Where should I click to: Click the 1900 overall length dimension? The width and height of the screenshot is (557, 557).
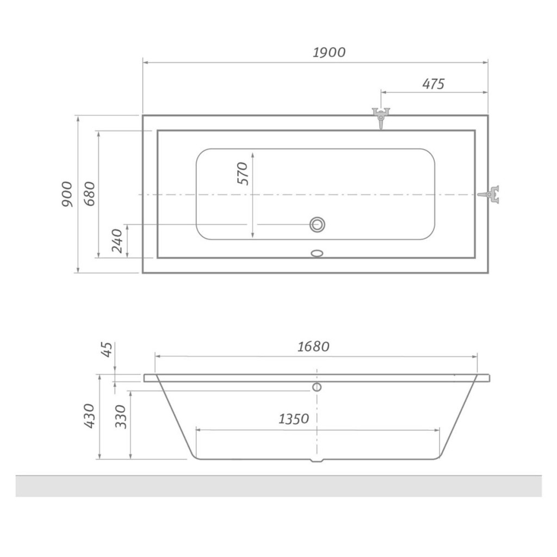pyautogui.click(x=329, y=52)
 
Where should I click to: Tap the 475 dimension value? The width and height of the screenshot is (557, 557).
pyautogui.click(x=434, y=84)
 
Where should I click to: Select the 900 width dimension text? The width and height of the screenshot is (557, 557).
pyautogui.click(x=67, y=194)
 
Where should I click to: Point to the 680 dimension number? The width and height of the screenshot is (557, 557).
pyautogui.click(x=90, y=194)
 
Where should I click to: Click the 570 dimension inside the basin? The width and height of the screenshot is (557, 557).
pyautogui.click(x=243, y=173)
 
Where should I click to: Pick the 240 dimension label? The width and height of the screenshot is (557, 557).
pyautogui.click(x=117, y=240)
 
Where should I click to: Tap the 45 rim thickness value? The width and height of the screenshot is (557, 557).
pyautogui.click(x=107, y=349)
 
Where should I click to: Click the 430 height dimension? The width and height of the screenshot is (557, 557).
pyautogui.click(x=89, y=416)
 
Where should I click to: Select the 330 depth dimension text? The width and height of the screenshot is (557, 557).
pyautogui.click(x=121, y=417)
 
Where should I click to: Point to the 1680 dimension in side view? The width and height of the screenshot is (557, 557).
pyautogui.click(x=313, y=346)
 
